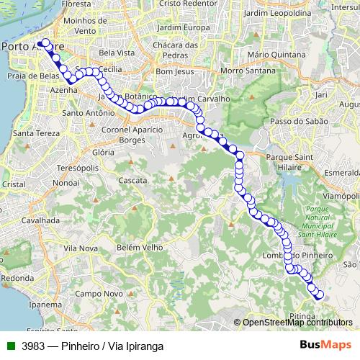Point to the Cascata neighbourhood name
[x=134, y=180]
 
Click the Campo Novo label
[x=99, y=294]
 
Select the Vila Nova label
[x=80, y=248]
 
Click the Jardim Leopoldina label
[x=277, y=14]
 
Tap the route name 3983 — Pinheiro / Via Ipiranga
[x=91, y=346]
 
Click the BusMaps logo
[x=320, y=346]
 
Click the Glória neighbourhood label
[x=104, y=153]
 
